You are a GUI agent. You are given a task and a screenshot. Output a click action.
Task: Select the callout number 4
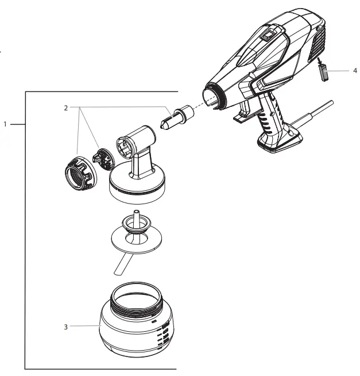pyautogui.click(x=354, y=70)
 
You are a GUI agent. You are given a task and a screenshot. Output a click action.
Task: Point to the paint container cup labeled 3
pyautogui.click(x=135, y=328)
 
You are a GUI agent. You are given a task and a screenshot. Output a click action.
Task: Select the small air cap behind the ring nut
pyautogui.click(x=101, y=158)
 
